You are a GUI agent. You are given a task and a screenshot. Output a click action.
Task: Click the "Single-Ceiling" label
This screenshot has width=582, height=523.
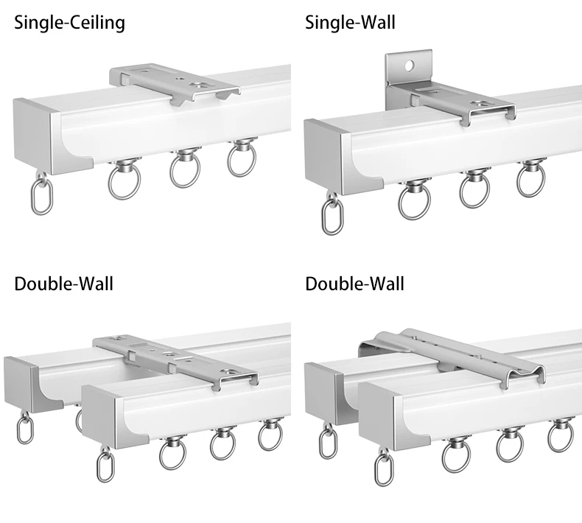[69, 23]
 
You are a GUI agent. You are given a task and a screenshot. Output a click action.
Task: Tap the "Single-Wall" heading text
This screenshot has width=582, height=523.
[350, 23]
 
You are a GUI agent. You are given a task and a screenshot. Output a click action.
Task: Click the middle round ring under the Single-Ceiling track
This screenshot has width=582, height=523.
[185, 168]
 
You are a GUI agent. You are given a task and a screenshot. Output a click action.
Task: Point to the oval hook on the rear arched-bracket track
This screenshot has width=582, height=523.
[326, 440]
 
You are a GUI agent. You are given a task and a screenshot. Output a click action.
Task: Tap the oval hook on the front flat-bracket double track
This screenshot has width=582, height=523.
[105, 468]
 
